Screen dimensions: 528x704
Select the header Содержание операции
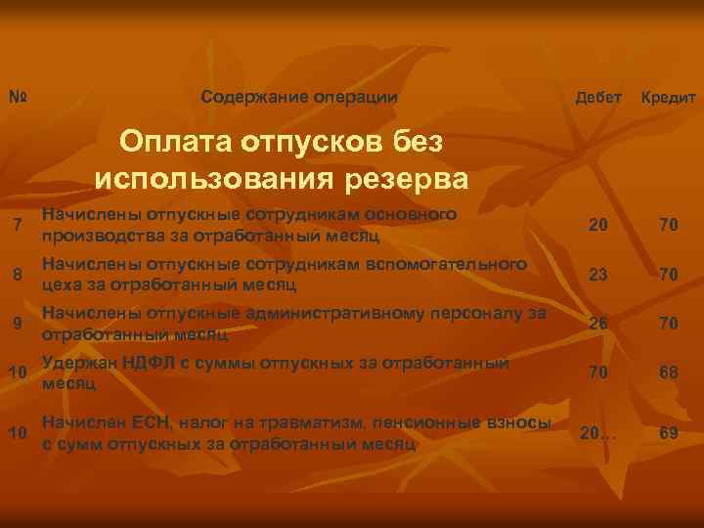coord(298,97)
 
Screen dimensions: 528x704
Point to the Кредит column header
coord(668,98)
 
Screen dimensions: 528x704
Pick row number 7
coord(19,228)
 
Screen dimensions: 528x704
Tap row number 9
coord(19,323)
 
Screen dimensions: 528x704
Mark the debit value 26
coord(598,323)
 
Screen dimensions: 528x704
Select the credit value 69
coord(669,432)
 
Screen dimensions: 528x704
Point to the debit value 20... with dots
coord(598,432)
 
